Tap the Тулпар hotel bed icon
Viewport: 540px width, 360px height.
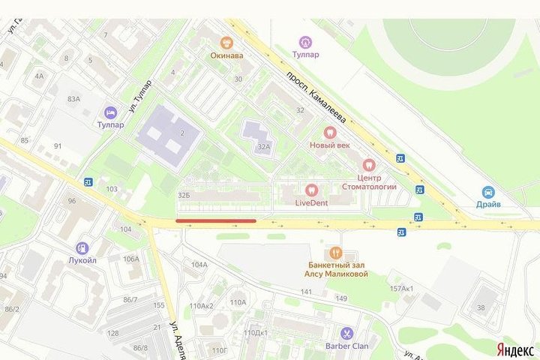point(110,112)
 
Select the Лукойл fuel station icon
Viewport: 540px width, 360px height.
point(82,248)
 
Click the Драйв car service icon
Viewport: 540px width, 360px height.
point(488,191)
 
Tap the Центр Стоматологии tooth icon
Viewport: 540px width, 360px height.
point(367,164)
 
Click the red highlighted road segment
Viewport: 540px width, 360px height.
point(216,220)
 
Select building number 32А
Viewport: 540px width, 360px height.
point(262,148)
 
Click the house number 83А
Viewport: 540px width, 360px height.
point(73,99)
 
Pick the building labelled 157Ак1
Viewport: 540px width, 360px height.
point(401,289)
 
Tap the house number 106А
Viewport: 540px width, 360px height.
point(131,259)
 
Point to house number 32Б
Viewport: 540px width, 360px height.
point(183,196)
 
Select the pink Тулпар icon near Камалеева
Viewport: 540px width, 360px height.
point(304,42)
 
